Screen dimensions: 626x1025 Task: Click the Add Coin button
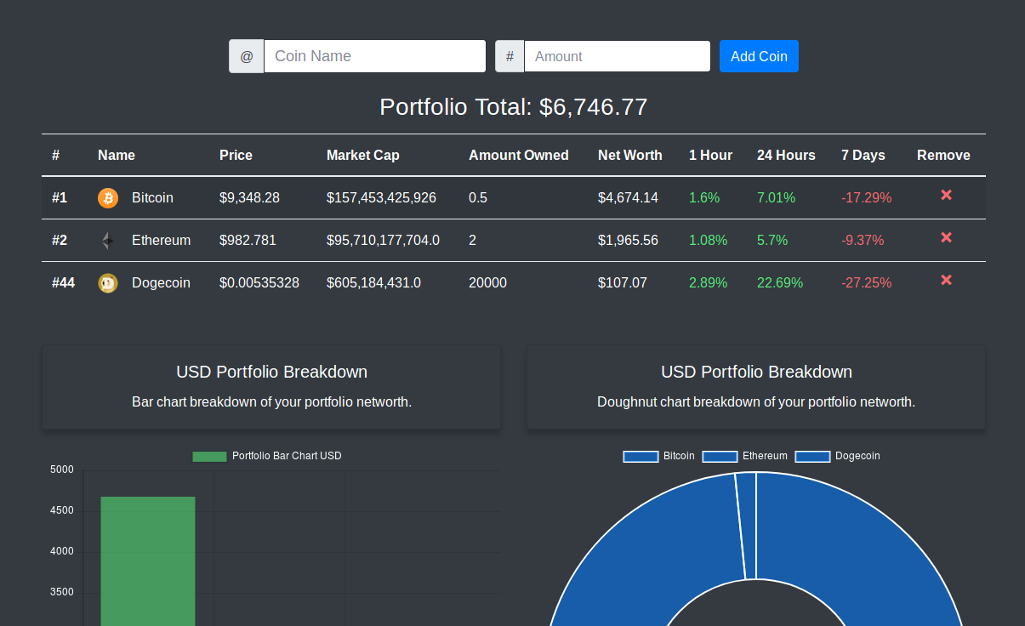pos(759,56)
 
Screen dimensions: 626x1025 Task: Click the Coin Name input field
pos(374,56)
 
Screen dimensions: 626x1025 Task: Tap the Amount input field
pos(617,56)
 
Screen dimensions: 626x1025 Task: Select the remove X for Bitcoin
pos(946,196)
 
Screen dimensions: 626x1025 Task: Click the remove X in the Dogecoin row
pos(946,281)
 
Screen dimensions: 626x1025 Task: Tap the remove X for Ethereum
pos(946,238)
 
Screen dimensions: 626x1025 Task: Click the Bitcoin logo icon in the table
pos(108,198)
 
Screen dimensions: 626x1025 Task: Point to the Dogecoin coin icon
pos(108,283)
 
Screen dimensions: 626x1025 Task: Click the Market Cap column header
pos(363,155)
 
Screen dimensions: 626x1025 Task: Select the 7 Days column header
pos(863,155)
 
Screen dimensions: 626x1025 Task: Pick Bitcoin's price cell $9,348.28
pos(249,198)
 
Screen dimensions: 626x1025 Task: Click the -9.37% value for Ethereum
pos(863,241)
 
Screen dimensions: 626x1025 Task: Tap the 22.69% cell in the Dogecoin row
pos(780,283)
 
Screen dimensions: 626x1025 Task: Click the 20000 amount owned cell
pos(487,283)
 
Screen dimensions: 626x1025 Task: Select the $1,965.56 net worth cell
pos(628,241)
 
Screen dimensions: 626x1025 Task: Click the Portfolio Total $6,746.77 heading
pos(513,107)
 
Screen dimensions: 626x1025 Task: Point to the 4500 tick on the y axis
pos(62,510)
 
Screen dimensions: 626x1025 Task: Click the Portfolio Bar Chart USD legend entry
pos(267,456)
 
